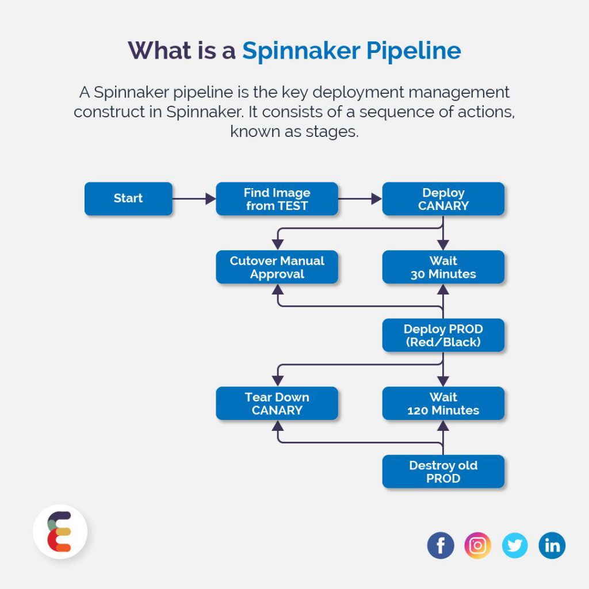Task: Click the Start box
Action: click(x=128, y=198)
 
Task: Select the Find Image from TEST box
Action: click(x=277, y=199)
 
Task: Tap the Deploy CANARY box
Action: click(x=443, y=199)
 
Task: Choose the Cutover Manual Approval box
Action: click(x=277, y=267)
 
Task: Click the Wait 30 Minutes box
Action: click(x=443, y=267)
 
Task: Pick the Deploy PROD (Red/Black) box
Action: click(x=443, y=335)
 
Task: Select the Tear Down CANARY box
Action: click(x=277, y=403)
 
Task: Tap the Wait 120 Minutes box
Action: click(x=443, y=403)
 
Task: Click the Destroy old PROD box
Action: click(x=443, y=472)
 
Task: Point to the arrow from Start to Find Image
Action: click(x=194, y=199)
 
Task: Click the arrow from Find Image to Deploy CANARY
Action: click(x=360, y=199)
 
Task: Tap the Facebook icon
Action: click(x=441, y=545)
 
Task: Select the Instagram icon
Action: click(x=477, y=545)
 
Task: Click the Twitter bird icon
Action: click(x=515, y=545)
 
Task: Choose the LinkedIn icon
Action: click(x=552, y=545)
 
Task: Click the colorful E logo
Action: click(x=60, y=532)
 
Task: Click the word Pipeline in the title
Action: click(x=414, y=51)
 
